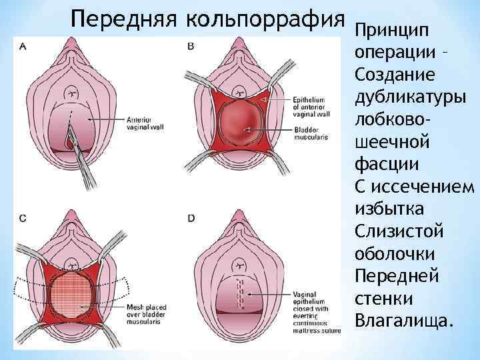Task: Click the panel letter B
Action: [x=191, y=47]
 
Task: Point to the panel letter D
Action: [x=191, y=218]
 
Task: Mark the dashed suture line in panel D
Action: [x=235, y=297]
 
